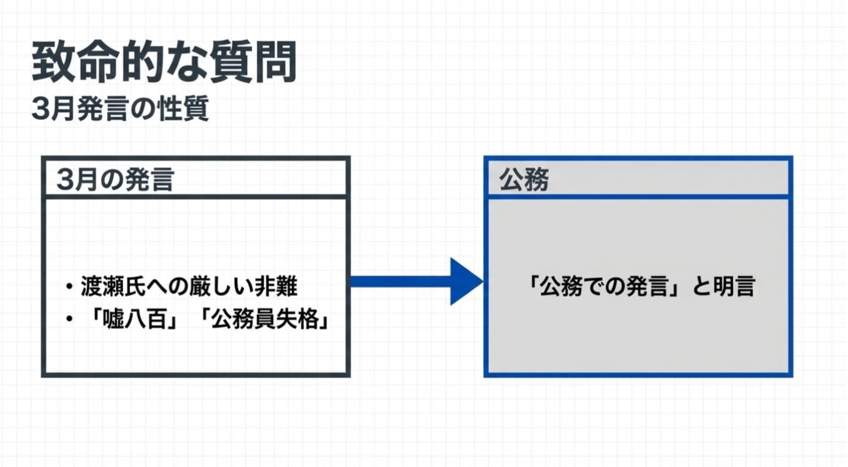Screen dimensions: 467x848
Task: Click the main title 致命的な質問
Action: [165, 63]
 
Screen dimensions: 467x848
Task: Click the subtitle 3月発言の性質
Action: [120, 110]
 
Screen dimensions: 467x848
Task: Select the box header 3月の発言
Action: [115, 180]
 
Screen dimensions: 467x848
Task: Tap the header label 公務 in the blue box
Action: [524, 180]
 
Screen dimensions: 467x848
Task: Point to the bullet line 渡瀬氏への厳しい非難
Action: [188, 287]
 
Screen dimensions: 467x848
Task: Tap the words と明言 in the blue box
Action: [722, 287]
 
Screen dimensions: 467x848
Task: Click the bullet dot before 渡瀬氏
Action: [69, 288]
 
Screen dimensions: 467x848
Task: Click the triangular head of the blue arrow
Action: [465, 281]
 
